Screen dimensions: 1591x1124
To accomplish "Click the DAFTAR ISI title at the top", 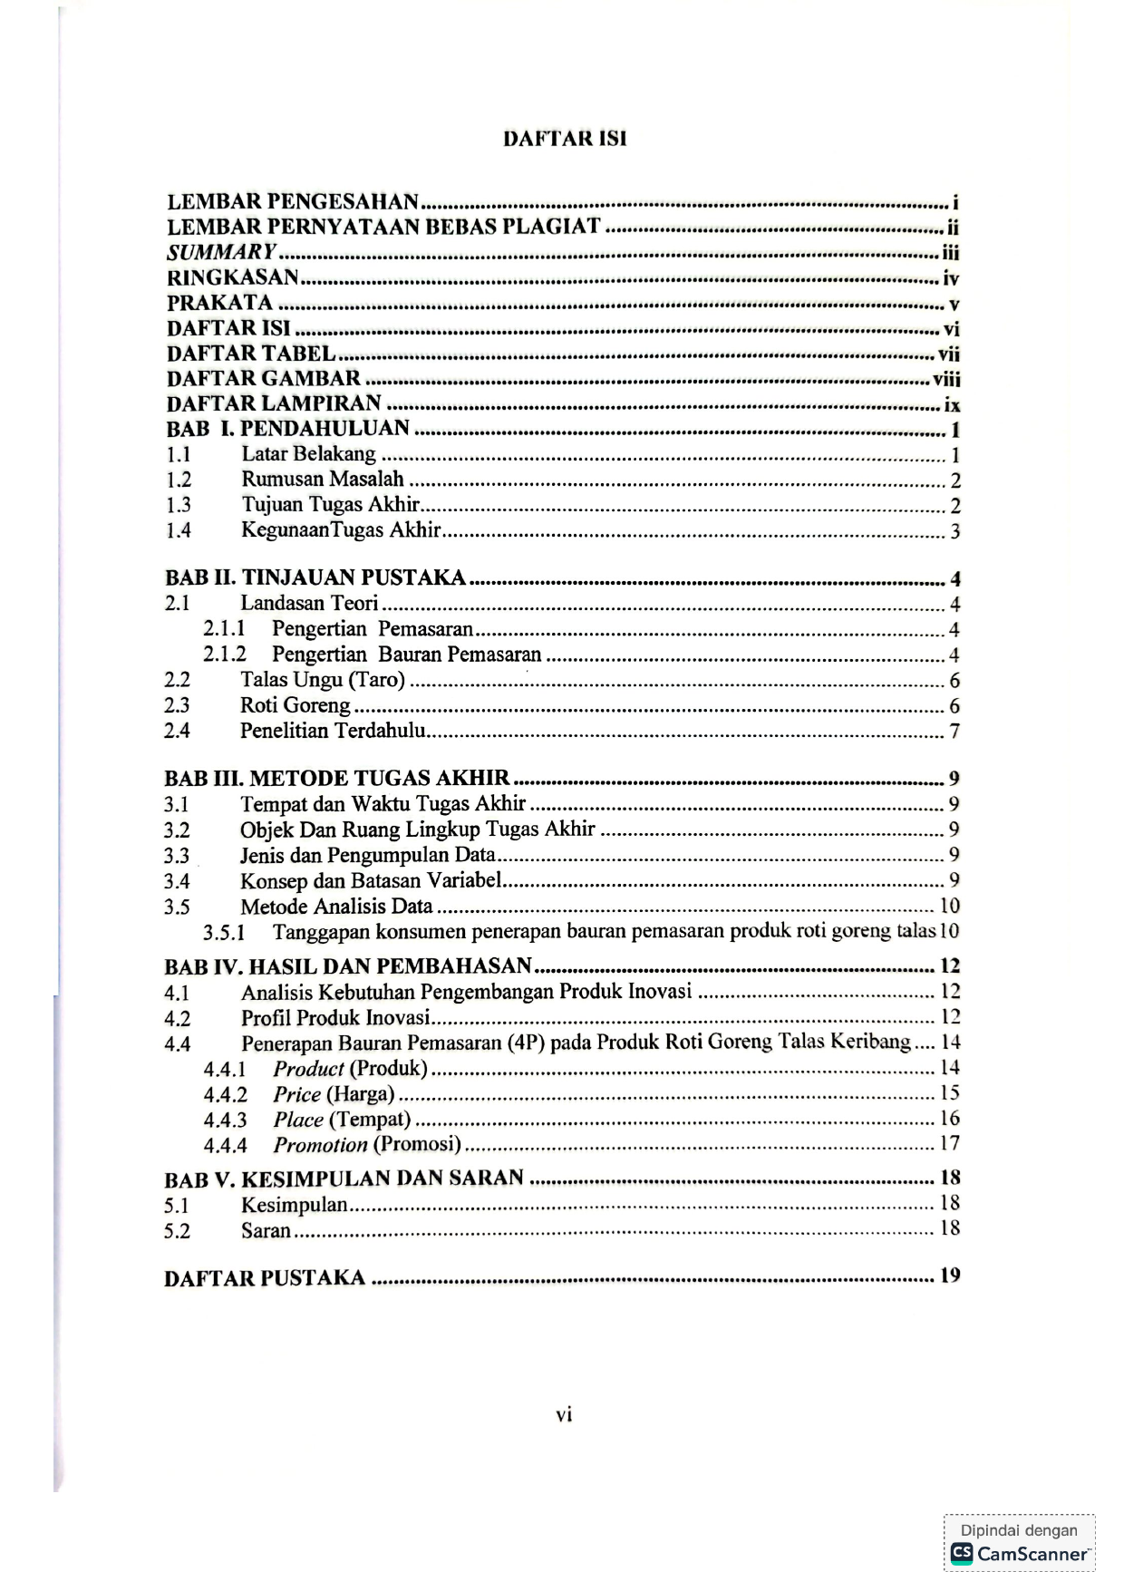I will pyautogui.click(x=565, y=139).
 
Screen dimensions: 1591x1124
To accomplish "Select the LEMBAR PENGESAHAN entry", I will pyautogui.click(x=293, y=201).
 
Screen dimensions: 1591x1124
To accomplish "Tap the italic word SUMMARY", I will pyautogui.click(x=221, y=252).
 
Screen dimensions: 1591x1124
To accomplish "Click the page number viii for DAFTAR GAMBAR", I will pyautogui.click(x=946, y=380).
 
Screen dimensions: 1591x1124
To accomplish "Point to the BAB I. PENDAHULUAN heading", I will pyautogui.click(x=288, y=429).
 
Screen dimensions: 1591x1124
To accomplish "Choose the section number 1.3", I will pyautogui.click(x=178, y=506).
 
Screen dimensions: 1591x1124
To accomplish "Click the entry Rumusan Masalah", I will pyautogui.click(x=322, y=480).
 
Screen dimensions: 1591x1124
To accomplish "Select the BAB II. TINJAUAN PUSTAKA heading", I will pyautogui.click(x=315, y=577).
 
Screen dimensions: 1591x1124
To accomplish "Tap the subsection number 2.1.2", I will pyautogui.click(x=224, y=655).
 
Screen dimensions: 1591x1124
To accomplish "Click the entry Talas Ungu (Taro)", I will pyautogui.click(x=322, y=680).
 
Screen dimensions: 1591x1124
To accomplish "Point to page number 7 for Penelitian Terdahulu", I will pyautogui.click(x=954, y=731).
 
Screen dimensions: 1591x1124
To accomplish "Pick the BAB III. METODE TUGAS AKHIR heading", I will pyautogui.click(x=336, y=778).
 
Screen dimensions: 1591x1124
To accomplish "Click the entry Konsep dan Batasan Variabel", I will pyautogui.click(x=371, y=880).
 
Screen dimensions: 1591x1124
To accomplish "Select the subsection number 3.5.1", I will pyautogui.click(x=224, y=932).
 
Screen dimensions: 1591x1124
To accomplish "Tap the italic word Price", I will pyautogui.click(x=297, y=1094).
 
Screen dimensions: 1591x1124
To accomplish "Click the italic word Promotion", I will pyautogui.click(x=320, y=1145).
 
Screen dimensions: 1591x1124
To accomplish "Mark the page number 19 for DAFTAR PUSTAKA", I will pyautogui.click(x=949, y=1276).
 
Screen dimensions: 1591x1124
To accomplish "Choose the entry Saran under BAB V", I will pyautogui.click(x=266, y=1230).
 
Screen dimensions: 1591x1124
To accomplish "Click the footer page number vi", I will pyautogui.click(x=564, y=1415).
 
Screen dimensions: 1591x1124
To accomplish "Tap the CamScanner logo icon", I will pyautogui.click(x=961, y=1554).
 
